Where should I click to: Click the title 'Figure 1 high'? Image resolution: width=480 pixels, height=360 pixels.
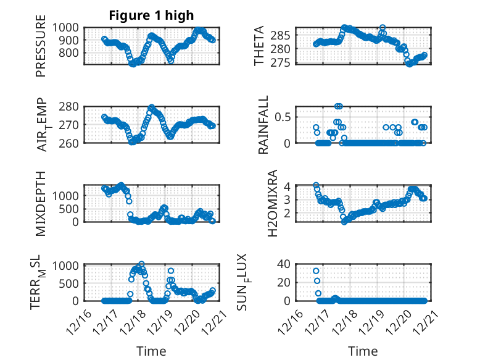point(151,15)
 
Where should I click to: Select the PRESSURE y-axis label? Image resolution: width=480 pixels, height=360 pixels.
point(41,49)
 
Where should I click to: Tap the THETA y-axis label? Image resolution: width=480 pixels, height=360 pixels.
point(259,46)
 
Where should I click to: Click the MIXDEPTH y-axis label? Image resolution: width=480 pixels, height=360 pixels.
point(41,203)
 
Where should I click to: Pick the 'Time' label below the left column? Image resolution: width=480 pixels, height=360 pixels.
point(151,351)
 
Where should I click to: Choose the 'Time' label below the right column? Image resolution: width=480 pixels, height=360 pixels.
point(363,351)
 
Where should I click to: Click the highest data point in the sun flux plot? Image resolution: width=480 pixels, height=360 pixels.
point(316,271)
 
